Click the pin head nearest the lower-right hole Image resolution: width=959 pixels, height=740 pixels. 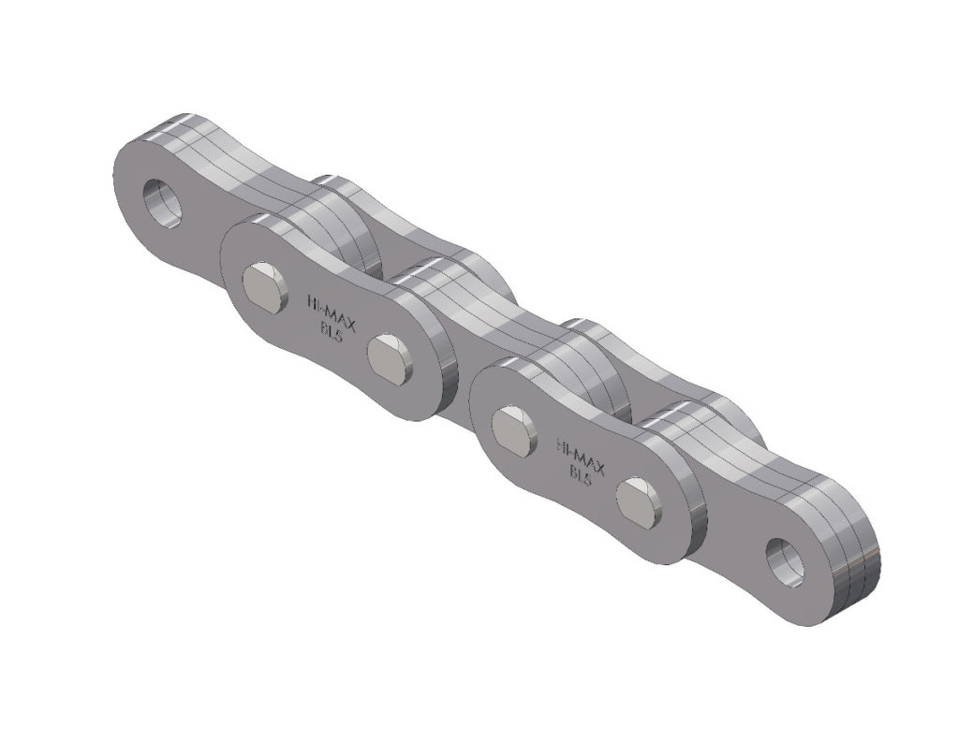tap(640, 499)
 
